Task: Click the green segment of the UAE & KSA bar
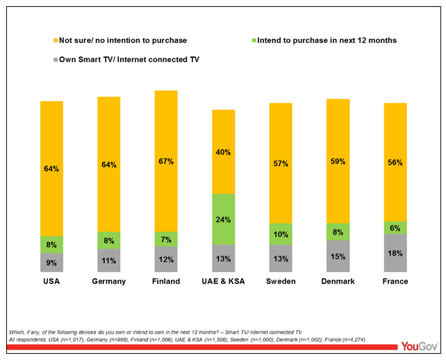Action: pos(223,219)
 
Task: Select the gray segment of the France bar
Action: pos(395,253)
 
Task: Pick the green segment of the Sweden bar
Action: pos(281,234)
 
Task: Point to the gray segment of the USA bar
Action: pos(52,262)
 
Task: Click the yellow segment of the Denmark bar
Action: pos(338,161)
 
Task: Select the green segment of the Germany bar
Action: pos(109,240)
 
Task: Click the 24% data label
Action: pos(223,219)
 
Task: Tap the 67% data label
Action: pos(166,161)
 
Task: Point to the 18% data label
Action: pos(395,253)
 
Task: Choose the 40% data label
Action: pos(223,152)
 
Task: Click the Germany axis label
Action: pos(109,281)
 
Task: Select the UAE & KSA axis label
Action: pos(223,281)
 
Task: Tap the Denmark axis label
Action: pos(338,281)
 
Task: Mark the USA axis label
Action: pos(52,281)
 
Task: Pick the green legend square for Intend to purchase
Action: pos(252,40)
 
